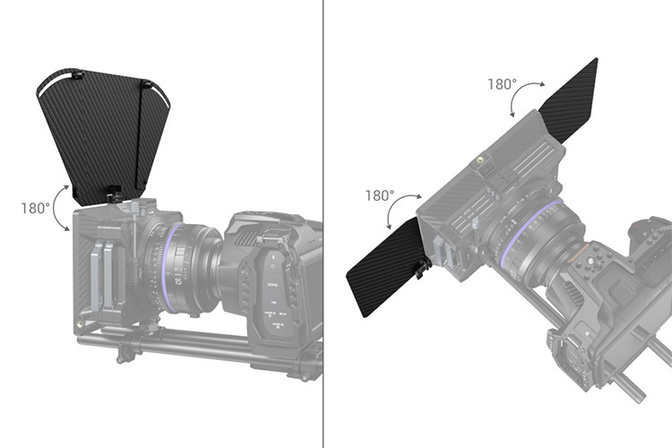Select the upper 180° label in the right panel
click(502, 84)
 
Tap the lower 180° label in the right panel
click(380, 195)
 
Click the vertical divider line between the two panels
click(323, 224)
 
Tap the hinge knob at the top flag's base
click(114, 192)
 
